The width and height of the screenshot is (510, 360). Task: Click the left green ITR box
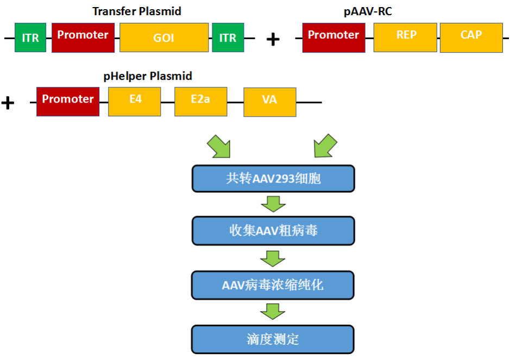[30, 37]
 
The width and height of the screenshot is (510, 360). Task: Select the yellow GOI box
[164, 37]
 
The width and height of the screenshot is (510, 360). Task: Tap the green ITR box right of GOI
[228, 37]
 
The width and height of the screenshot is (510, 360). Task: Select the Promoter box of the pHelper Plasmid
[68, 102]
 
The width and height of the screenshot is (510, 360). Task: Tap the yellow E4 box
[134, 102]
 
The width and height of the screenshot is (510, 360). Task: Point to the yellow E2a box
[200, 102]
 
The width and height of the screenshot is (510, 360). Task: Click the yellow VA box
[270, 102]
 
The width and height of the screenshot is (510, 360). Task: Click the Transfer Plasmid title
[137, 11]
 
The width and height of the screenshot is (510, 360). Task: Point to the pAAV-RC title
[368, 11]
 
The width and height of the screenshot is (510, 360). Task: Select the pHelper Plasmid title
[148, 76]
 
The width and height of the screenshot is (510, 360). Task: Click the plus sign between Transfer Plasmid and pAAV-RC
[273, 39]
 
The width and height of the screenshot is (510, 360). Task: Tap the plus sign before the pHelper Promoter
[8, 102]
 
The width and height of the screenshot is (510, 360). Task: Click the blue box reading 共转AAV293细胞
[273, 179]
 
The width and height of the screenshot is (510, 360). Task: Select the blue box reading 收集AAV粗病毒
[273, 231]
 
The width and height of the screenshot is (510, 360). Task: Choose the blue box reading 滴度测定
[273, 339]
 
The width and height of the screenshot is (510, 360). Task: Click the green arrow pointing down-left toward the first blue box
[325, 146]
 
